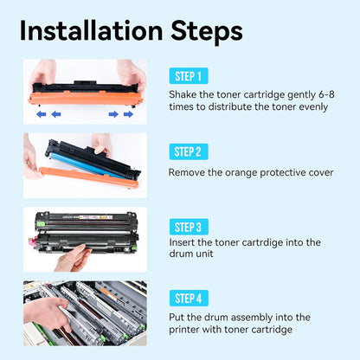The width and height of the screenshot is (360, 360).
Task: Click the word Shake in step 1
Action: pos(183,94)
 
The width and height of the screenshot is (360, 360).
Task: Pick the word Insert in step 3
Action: pos(184,243)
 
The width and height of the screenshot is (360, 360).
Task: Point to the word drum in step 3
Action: pos(183,257)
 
